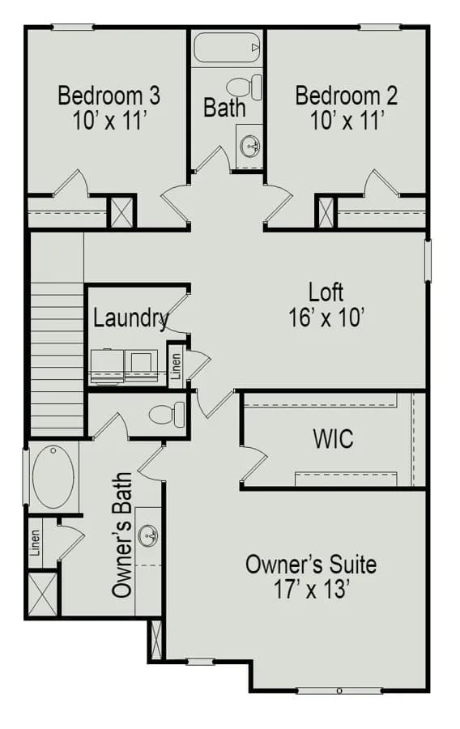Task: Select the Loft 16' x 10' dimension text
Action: click(326, 318)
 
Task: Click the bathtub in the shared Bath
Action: click(227, 47)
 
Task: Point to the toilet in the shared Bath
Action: click(244, 87)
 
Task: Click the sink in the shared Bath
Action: click(250, 146)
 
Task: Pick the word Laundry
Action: click(130, 319)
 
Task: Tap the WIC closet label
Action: click(333, 438)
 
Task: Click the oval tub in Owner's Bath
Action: click(53, 477)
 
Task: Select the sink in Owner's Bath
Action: click(148, 535)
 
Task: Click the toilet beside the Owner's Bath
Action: click(167, 414)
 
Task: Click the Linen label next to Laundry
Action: click(176, 365)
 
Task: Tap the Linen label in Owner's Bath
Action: click(35, 543)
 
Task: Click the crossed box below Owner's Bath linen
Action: click(42, 595)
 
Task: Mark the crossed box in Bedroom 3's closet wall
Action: click(121, 212)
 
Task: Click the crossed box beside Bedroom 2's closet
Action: click(326, 212)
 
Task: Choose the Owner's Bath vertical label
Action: click(122, 535)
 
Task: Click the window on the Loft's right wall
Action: click(428, 260)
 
